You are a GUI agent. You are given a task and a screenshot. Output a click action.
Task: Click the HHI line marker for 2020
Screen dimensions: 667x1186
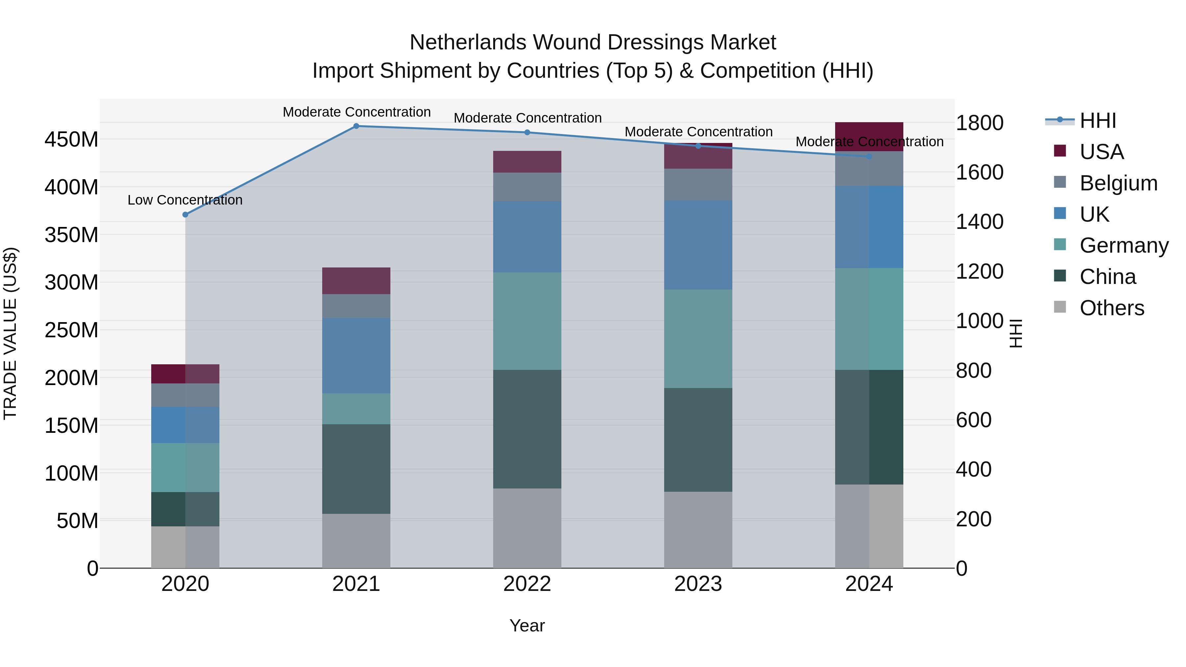185,214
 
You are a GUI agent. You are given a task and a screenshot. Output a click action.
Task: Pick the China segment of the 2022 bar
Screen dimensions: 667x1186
527,429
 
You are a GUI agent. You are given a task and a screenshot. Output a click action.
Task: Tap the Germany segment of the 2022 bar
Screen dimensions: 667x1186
527,321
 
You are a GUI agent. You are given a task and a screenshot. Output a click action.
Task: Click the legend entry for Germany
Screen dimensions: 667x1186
1123,245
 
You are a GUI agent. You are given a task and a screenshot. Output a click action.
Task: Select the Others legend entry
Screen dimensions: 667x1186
1112,308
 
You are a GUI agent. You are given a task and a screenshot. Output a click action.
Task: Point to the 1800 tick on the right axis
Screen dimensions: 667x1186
979,123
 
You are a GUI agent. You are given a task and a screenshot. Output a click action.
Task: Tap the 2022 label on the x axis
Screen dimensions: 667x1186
527,584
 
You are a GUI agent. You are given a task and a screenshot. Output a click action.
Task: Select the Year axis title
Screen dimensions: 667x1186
527,625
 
